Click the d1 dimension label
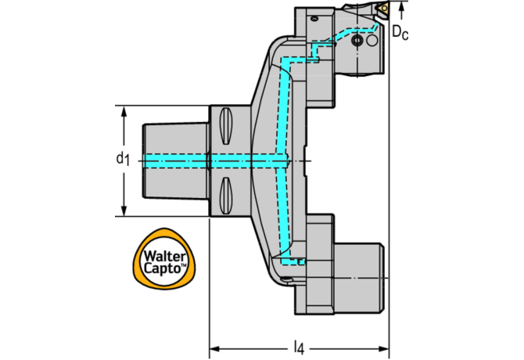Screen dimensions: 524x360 [x=122, y=158]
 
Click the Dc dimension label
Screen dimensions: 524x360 [x=400, y=32]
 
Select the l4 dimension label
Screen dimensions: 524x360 [x=299, y=348]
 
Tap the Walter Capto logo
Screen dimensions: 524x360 [x=164, y=259]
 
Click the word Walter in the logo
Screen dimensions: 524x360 [x=164, y=257]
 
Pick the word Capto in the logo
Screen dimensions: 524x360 [x=163, y=268]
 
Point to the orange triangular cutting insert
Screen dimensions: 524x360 [x=382, y=7]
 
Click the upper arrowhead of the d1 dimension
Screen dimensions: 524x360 [x=124, y=111]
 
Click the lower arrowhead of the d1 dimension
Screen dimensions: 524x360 [x=124, y=211]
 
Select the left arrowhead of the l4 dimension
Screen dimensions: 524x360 [x=214, y=349]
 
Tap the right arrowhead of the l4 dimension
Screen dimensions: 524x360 [x=384, y=349]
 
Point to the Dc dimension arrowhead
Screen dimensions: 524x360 [x=401, y=7]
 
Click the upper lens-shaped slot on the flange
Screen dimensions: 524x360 [x=225, y=126]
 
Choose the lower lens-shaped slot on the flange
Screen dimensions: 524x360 [x=225, y=196]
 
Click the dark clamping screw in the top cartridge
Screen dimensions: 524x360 [x=357, y=41]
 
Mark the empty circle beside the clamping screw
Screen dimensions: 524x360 [x=372, y=41]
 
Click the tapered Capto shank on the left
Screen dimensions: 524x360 [x=175, y=160]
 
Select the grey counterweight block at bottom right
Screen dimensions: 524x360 [x=359, y=278]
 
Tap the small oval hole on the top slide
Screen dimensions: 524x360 [x=314, y=19]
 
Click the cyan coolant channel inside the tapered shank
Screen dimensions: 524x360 [x=176, y=160]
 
